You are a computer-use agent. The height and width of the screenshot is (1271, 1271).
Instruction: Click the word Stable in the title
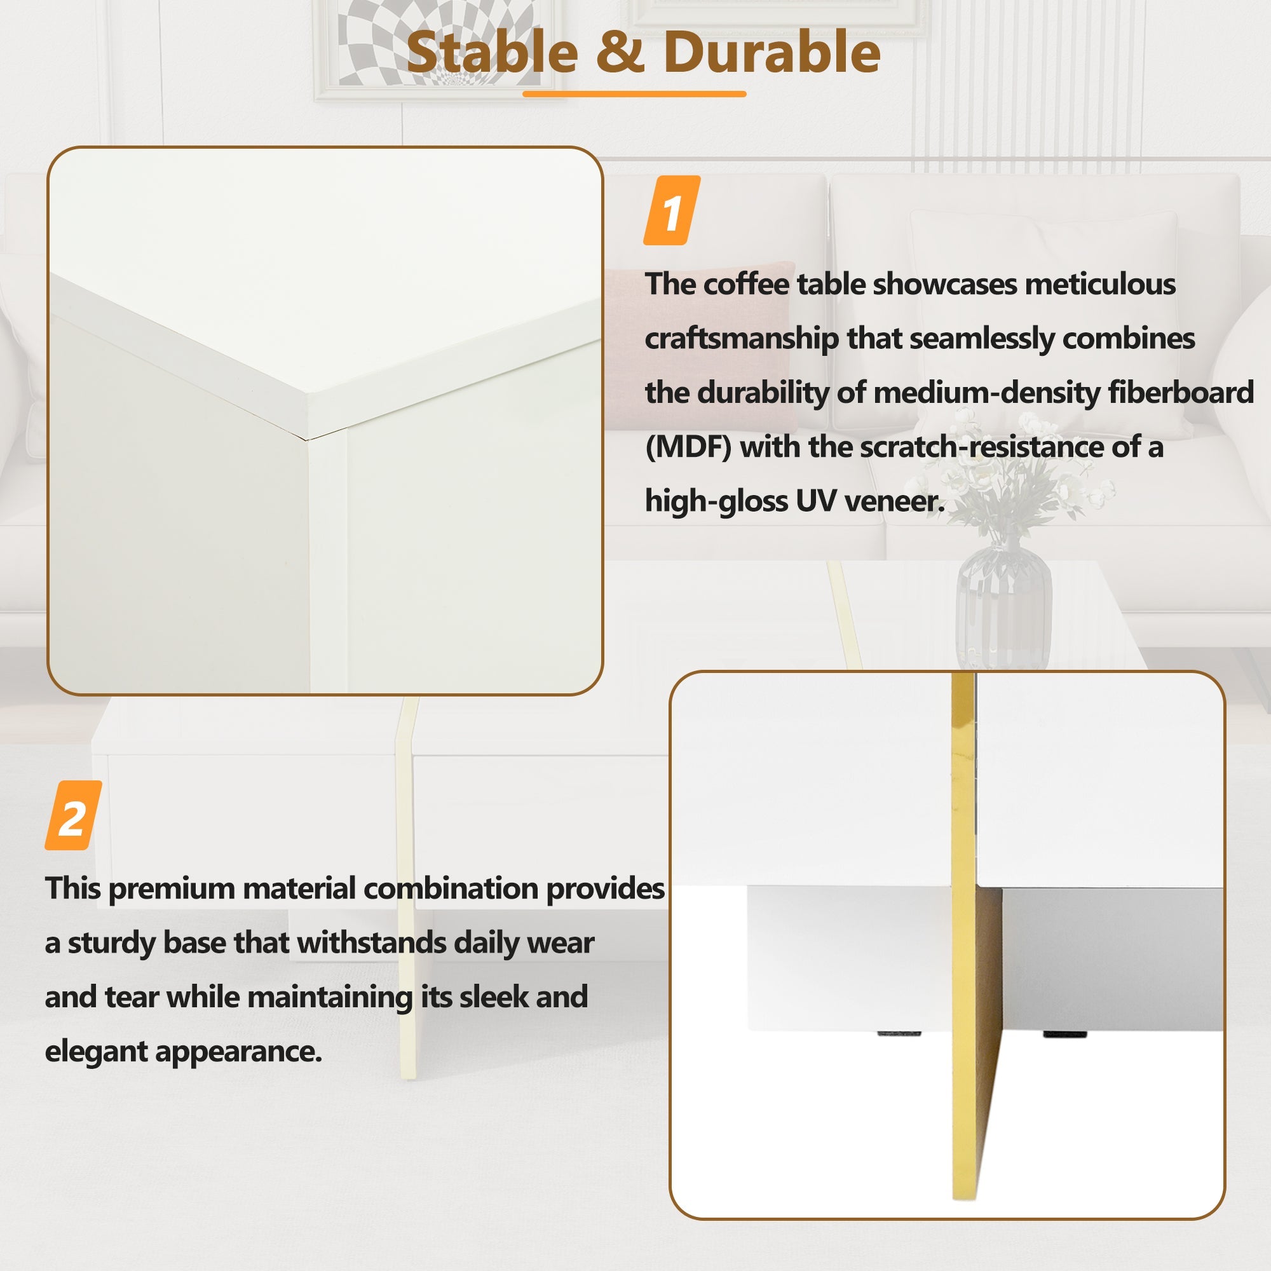(492, 53)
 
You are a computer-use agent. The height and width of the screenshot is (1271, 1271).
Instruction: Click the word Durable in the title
(771, 53)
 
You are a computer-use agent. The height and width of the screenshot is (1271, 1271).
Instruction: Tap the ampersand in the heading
(620, 53)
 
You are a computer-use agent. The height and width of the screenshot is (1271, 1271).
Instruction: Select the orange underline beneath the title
(634, 94)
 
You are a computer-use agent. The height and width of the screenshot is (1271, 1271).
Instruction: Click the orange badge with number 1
(671, 211)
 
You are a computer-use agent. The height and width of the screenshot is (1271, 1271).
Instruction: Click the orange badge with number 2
(73, 816)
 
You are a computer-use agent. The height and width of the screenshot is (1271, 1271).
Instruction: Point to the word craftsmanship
(741, 339)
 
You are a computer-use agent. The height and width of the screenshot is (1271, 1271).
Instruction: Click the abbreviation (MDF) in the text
(688, 448)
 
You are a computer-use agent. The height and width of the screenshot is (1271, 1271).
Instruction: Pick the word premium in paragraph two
(172, 889)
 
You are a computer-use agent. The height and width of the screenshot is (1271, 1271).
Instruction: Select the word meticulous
(1099, 284)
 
